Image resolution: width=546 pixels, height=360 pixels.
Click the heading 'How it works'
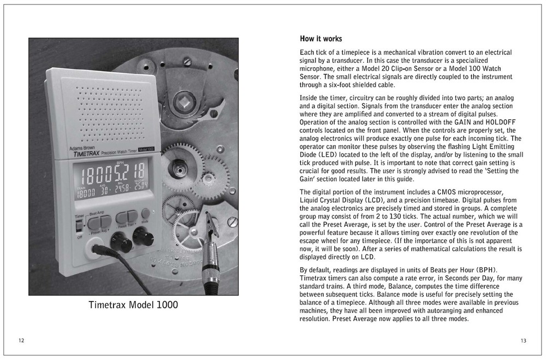[321, 39]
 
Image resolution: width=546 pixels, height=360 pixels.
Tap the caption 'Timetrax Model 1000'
[133, 305]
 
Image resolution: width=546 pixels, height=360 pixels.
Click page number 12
[21, 341]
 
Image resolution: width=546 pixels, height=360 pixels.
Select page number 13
[523, 341]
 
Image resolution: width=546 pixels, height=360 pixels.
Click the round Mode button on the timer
[146, 213]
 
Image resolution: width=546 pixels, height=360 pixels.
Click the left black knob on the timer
[121, 241]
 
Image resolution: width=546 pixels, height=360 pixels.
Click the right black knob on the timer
[143, 236]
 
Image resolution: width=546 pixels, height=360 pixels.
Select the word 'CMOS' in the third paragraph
[448, 192]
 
